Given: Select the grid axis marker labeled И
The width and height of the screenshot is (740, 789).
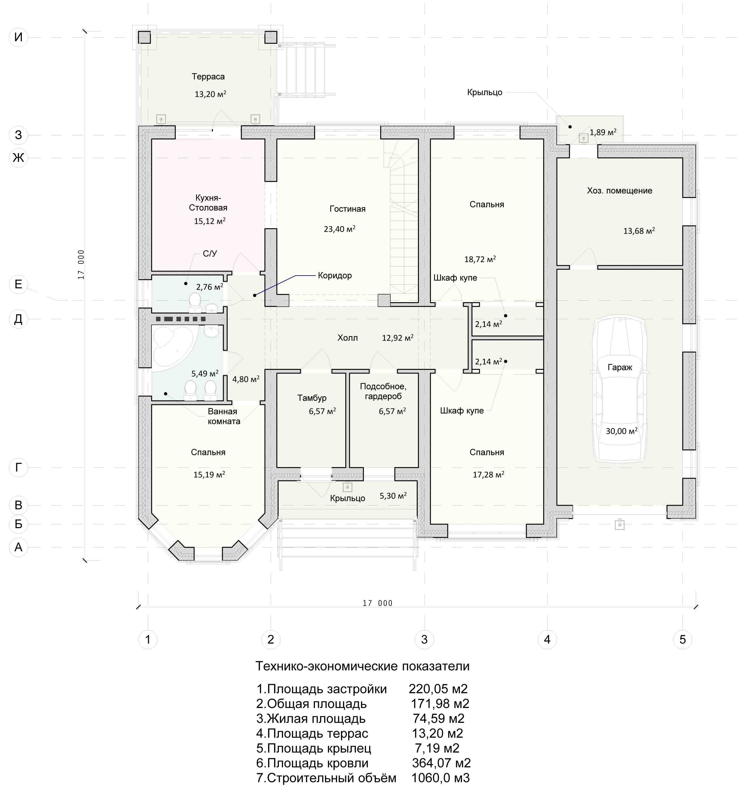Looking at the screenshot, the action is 18,37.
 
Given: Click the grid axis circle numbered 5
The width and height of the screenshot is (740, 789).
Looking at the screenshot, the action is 682,639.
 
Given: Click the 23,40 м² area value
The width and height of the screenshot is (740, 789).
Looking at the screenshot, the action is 339,229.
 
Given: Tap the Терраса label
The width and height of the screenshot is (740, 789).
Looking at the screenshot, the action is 208,76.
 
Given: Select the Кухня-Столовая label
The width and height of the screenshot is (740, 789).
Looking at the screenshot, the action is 208,203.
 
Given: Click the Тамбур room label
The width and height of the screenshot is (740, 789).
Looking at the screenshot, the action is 312,398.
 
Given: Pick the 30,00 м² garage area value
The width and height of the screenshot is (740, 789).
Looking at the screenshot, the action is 621,431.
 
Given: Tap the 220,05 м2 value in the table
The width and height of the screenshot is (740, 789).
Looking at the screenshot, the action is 438,689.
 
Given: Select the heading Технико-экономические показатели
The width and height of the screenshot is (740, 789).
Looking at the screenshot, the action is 362,666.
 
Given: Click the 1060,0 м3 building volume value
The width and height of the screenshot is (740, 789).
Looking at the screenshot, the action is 440,778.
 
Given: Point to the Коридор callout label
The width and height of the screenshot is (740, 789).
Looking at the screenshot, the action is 335,276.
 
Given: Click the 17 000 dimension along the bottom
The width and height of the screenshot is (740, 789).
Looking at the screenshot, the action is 377,603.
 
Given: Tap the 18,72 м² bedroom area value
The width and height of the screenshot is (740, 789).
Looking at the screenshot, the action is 480,259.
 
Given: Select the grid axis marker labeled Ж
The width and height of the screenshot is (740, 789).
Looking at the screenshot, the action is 18,157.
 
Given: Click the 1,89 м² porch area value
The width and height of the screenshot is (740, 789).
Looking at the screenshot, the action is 603,132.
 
